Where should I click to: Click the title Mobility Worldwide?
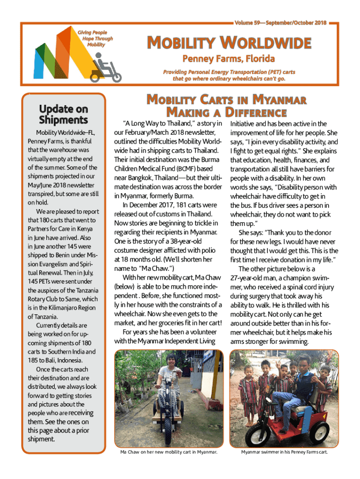229,44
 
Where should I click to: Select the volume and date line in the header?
280,22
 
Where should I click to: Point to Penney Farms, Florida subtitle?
228,59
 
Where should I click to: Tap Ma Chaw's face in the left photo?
170,364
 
